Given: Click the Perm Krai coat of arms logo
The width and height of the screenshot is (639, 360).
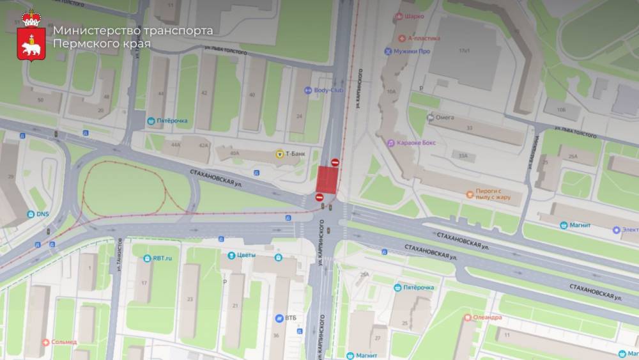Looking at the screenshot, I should point(31,35).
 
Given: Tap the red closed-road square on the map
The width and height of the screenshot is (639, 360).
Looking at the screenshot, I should point(327,178).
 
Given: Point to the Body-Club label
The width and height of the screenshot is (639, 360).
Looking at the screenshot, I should point(328,90).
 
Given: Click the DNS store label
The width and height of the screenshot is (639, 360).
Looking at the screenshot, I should point(43,214).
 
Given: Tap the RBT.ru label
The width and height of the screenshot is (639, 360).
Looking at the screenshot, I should point(162,258).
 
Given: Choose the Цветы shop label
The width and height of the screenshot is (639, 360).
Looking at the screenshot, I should point(246,255).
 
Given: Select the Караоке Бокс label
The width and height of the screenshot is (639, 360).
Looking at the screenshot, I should point(415,143).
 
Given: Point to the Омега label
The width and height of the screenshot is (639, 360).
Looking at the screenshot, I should point(445,117).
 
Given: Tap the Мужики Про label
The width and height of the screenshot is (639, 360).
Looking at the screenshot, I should point(412,51).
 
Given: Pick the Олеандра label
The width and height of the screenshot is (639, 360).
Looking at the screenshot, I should point(487,317).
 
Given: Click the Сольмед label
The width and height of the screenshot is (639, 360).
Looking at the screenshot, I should point(64,342).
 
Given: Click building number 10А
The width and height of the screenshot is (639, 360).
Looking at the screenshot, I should point(390,91).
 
